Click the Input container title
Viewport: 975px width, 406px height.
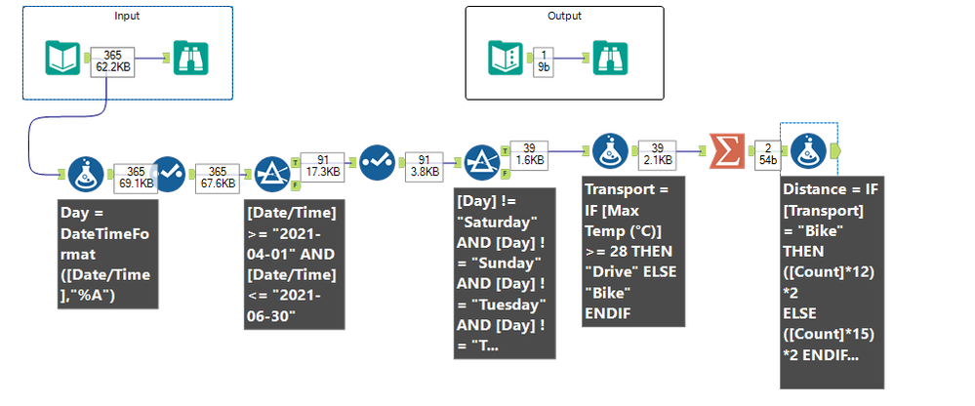[127, 16]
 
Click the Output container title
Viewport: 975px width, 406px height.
[563, 16]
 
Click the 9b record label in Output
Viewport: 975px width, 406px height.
[543, 68]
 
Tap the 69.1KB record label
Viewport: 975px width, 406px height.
[134, 181]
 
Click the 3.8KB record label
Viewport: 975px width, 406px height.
[423, 170]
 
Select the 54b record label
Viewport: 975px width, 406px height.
[768, 159]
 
